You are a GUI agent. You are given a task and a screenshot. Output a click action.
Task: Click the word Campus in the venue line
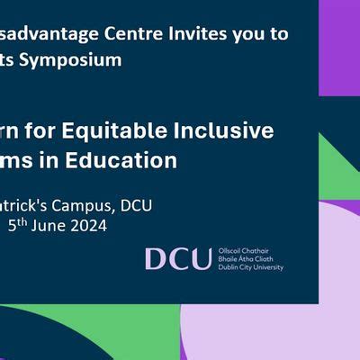click(80, 205)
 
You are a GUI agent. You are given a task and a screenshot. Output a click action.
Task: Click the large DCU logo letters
click(178, 259)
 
